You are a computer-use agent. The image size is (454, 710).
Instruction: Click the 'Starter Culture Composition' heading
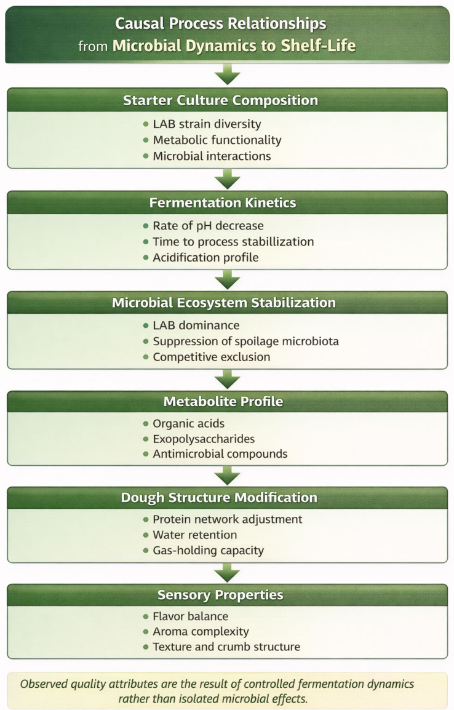pyautogui.click(x=220, y=100)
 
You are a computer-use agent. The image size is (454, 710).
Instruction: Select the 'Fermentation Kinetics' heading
pyautogui.click(x=223, y=202)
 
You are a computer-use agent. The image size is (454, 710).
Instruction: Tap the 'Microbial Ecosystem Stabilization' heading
pyautogui.click(x=223, y=303)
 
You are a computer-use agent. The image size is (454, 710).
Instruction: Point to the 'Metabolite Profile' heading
pyautogui.click(x=223, y=401)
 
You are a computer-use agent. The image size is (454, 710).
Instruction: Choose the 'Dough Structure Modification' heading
pyautogui.click(x=219, y=497)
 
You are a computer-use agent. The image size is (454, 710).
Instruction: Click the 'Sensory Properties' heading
pyautogui.click(x=220, y=594)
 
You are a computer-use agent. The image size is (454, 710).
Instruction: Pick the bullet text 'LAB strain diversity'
pyautogui.click(x=207, y=124)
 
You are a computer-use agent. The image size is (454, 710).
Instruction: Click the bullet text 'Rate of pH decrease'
pyautogui.click(x=208, y=226)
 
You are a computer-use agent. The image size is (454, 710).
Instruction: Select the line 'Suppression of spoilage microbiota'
pyautogui.click(x=246, y=341)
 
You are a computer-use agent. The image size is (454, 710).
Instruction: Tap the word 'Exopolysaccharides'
pyautogui.click(x=204, y=439)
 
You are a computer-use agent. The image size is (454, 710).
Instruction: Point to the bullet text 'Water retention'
pyautogui.click(x=194, y=535)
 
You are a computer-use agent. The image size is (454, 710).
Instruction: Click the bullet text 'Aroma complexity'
pyautogui.click(x=201, y=632)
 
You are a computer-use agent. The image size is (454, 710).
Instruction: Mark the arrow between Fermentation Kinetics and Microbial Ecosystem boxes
pyautogui.click(x=227, y=279)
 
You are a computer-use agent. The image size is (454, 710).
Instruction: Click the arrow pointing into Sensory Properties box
pyautogui.click(x=227, y=573)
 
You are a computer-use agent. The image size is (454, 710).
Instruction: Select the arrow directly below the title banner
pyautogui.click(x=227, y=74)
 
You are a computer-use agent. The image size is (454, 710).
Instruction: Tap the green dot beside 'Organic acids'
pyautogui.click(x=146, y=424)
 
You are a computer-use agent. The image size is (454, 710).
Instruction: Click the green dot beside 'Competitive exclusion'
pyautogui.click(x=146, y=357)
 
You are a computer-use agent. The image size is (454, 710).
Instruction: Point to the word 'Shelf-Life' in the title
pyautogui.click(x=318, y=46)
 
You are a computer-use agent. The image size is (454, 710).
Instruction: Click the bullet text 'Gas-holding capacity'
pyautogui.click(x=208, y=551)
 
